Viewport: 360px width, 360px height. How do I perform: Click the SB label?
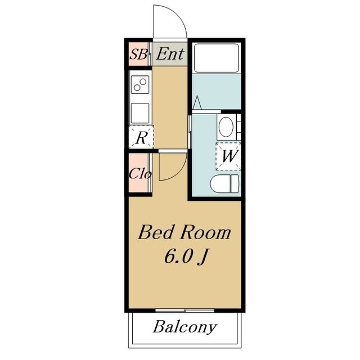[138, 55]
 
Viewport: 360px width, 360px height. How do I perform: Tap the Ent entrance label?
[170, 54]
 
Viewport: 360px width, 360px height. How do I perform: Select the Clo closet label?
[140, 174]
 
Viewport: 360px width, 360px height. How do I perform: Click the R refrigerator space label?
[141, 138]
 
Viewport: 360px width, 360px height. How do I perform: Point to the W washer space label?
[229, 156]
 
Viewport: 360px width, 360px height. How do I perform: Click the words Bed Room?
[184, 232]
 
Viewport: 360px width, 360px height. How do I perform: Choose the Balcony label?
[185, 327]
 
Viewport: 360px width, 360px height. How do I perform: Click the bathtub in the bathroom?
[217, 58]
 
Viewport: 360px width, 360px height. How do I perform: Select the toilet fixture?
[224, 184]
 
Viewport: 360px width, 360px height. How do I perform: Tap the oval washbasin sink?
[226, 127]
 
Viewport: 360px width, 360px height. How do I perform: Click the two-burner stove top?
[140, 84]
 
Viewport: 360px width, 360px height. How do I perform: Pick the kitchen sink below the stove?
[140, 113]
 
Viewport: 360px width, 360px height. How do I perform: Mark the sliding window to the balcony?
[185, 310]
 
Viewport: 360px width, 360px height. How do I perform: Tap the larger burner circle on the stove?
[143, 82]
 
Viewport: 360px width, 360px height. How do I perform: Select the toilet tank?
[235, 184]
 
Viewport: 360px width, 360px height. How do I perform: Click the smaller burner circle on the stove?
[137, 88]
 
